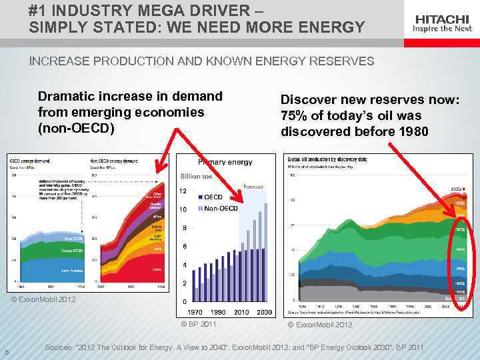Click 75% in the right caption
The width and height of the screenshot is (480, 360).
294,115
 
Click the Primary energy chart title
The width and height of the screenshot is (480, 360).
225,162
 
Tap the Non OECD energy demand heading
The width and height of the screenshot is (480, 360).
114,161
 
